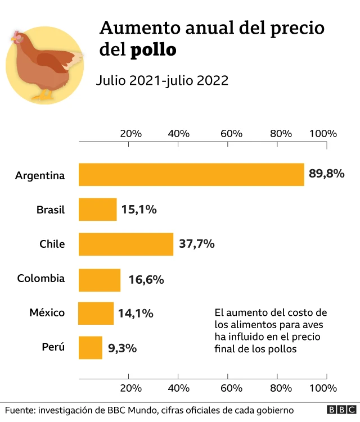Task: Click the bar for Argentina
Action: click(191, 175)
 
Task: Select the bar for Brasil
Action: click(98, 210)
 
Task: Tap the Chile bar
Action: click(126, 244)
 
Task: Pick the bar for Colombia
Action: click(100, 279)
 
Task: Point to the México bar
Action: click(96, 313)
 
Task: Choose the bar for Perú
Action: click(91, 347)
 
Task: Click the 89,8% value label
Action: click(326, 174)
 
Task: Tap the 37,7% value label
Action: click(197, 244)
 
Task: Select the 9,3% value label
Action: click(122, 348)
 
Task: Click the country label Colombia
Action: click(40, 278)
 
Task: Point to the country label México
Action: click(47, 312)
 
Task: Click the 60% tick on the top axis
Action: click(231, 134)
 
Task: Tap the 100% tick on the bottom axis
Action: click(323, 388)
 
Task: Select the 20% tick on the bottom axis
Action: click(130, 388)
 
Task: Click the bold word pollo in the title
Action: click(153, 50)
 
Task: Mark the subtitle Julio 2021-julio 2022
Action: click(162, 80)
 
